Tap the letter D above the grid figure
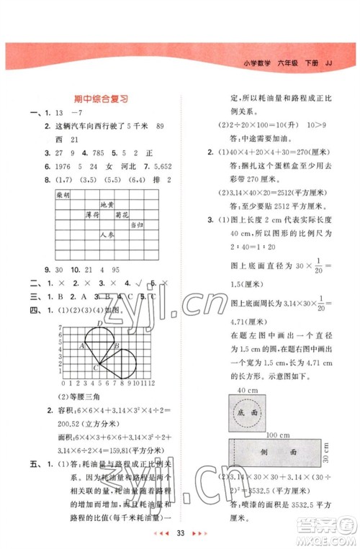click(99, 323)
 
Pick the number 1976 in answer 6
click(62, 165)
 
